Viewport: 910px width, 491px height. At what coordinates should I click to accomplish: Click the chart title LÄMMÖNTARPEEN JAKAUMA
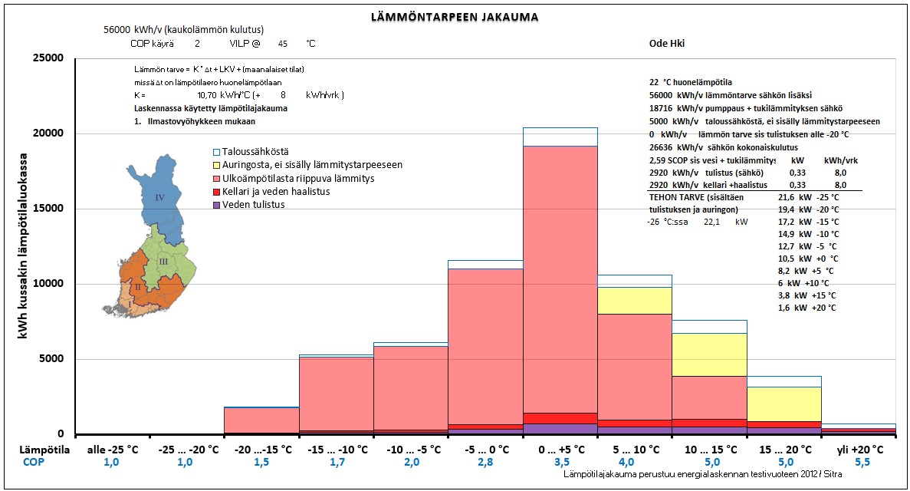(455, 17)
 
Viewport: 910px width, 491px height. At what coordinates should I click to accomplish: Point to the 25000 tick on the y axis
(49, 58)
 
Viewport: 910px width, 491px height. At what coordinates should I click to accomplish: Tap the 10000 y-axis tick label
(49, 284)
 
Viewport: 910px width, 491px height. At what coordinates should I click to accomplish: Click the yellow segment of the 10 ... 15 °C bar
(709, 354)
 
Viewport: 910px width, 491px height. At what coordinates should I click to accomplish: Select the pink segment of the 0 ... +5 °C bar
(560, 279)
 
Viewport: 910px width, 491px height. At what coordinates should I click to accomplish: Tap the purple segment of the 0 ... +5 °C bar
(560, 429)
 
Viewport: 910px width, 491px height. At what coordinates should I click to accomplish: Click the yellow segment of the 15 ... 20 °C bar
(784, 404)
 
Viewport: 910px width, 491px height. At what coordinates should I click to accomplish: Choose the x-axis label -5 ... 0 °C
(485, 450)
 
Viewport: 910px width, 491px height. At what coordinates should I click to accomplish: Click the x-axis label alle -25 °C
(113, 450)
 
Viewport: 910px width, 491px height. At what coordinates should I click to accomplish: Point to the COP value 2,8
(485, 463)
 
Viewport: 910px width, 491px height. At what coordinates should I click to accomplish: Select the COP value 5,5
(862, 463)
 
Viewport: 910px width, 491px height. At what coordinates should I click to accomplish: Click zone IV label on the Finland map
(159, 198)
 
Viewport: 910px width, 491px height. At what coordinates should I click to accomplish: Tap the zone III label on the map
(163, 262)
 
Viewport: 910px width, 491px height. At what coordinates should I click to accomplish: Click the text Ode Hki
(667, 44)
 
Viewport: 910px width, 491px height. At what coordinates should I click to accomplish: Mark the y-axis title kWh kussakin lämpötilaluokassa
(23, 245)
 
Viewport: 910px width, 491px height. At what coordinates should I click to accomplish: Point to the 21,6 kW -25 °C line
(809, 198)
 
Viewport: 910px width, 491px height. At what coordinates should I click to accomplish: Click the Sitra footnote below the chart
(703, 474)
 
